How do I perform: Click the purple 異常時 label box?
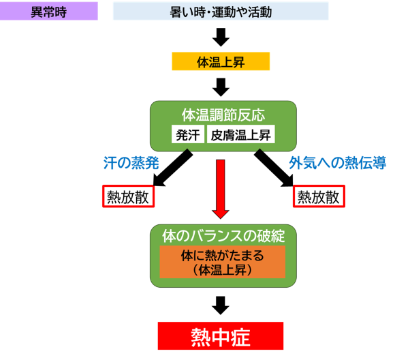49,11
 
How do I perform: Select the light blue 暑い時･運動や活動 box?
221,11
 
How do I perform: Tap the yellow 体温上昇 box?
221,61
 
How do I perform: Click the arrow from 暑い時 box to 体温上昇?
221,37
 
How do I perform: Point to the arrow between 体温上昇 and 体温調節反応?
221,87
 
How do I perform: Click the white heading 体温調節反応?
223,115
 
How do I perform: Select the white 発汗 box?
188,134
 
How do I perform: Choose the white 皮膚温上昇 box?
241,134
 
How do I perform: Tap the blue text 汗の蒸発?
131,163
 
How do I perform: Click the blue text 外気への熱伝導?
338,163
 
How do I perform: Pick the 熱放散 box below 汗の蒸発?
128,196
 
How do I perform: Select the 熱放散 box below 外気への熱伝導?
319,196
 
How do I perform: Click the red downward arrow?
221,190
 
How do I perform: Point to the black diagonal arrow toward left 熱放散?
173,168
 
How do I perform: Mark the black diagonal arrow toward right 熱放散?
274,168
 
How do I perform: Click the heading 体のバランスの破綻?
223,236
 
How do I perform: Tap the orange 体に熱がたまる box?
223,262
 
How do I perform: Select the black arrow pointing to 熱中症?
221,305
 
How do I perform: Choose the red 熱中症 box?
221,335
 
